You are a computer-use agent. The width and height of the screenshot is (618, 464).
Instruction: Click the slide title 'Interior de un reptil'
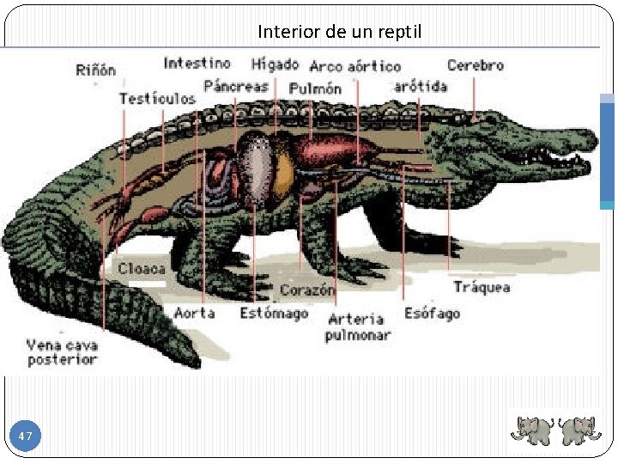(x=339, y=33)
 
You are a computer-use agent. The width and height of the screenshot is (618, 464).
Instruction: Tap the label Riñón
(x=95, y=70)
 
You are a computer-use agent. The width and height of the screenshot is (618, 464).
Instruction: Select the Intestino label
(x=197, y=63)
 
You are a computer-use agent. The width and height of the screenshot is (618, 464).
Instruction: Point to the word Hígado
(x=275, y=64)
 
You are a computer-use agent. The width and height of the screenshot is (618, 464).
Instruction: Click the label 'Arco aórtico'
(x=354, y=66)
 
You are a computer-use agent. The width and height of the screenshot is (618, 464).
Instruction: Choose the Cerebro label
(x=475, y=64)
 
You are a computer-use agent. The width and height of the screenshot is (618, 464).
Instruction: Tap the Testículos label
(x=157, y=98)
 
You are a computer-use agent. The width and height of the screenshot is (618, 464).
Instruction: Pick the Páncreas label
(x=236, y=86)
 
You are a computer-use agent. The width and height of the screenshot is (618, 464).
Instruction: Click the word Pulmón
(x=315, y=89)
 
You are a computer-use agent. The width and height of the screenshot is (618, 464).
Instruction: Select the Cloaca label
(x=142, y=268)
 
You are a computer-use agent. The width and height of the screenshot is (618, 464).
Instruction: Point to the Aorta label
(x=194, y=313)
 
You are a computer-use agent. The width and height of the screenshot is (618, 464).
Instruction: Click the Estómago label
(x=274, y=313)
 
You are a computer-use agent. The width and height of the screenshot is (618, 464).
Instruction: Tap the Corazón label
(x=306, y=290)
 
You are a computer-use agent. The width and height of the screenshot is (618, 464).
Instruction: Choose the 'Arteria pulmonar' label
(x=357, y=327)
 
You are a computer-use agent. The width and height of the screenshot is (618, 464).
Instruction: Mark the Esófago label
(x=432, y=313)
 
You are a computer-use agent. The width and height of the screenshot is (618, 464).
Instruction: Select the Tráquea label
(x=482, y=287)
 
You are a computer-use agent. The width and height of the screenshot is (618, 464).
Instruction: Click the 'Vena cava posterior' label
(x=62, y=352)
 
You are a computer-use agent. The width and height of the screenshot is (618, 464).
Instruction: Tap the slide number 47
(x=26, y=437)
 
